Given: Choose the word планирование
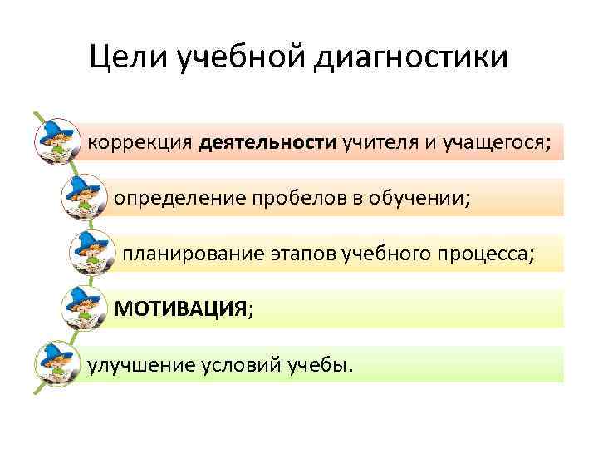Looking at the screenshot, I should [194, 254].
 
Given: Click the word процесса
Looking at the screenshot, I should [489, 254].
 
